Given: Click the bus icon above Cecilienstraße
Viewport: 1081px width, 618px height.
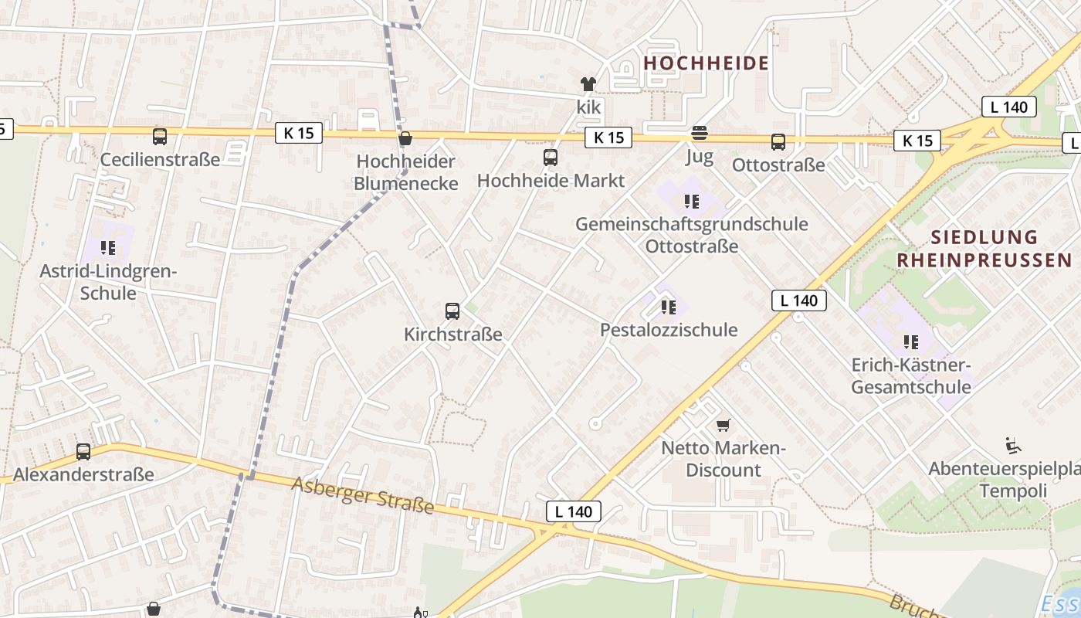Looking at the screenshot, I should tap(160, 137).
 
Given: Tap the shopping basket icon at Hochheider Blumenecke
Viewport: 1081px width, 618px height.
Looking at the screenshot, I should tap(405, 139).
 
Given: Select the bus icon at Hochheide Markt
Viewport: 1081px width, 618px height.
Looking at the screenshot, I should tap(551, 158).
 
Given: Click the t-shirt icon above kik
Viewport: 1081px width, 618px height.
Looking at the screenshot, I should tap(588, 84).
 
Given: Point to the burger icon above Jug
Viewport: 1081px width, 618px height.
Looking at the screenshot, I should tap(700, 134).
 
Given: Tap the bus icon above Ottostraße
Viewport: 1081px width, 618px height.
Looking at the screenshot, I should tap(778, 142).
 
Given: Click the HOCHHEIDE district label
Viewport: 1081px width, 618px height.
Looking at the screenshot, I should tap(706, 63).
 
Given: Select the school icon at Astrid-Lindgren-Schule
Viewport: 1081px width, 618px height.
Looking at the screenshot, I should tap(108, 248).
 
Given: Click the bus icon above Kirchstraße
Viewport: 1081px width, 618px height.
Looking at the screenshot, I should tap(452, 311).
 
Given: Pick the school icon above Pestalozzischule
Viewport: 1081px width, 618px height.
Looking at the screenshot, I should tap(669, 307).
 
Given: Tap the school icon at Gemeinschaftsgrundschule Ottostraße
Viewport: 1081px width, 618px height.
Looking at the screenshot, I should tap(691, 202).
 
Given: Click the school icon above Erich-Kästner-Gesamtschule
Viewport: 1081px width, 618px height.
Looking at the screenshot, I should tap(911, 341).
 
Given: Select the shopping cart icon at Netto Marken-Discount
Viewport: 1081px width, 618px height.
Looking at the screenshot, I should tap(723, 425).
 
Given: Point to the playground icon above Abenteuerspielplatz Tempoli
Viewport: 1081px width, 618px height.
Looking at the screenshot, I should tap(1014, 446).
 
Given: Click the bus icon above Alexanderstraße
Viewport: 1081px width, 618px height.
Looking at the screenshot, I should tap(83, 452).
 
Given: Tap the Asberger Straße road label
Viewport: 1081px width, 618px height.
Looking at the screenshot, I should tap(362, 494).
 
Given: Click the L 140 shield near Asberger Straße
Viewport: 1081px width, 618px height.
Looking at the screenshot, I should tap(573, 511).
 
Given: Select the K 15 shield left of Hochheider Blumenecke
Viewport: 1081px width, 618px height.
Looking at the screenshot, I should tap(299, 133).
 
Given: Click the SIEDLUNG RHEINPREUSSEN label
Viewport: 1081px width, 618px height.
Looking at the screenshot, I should tap(984, 248).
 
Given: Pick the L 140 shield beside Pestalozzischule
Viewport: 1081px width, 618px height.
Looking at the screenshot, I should tap(798, 301).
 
